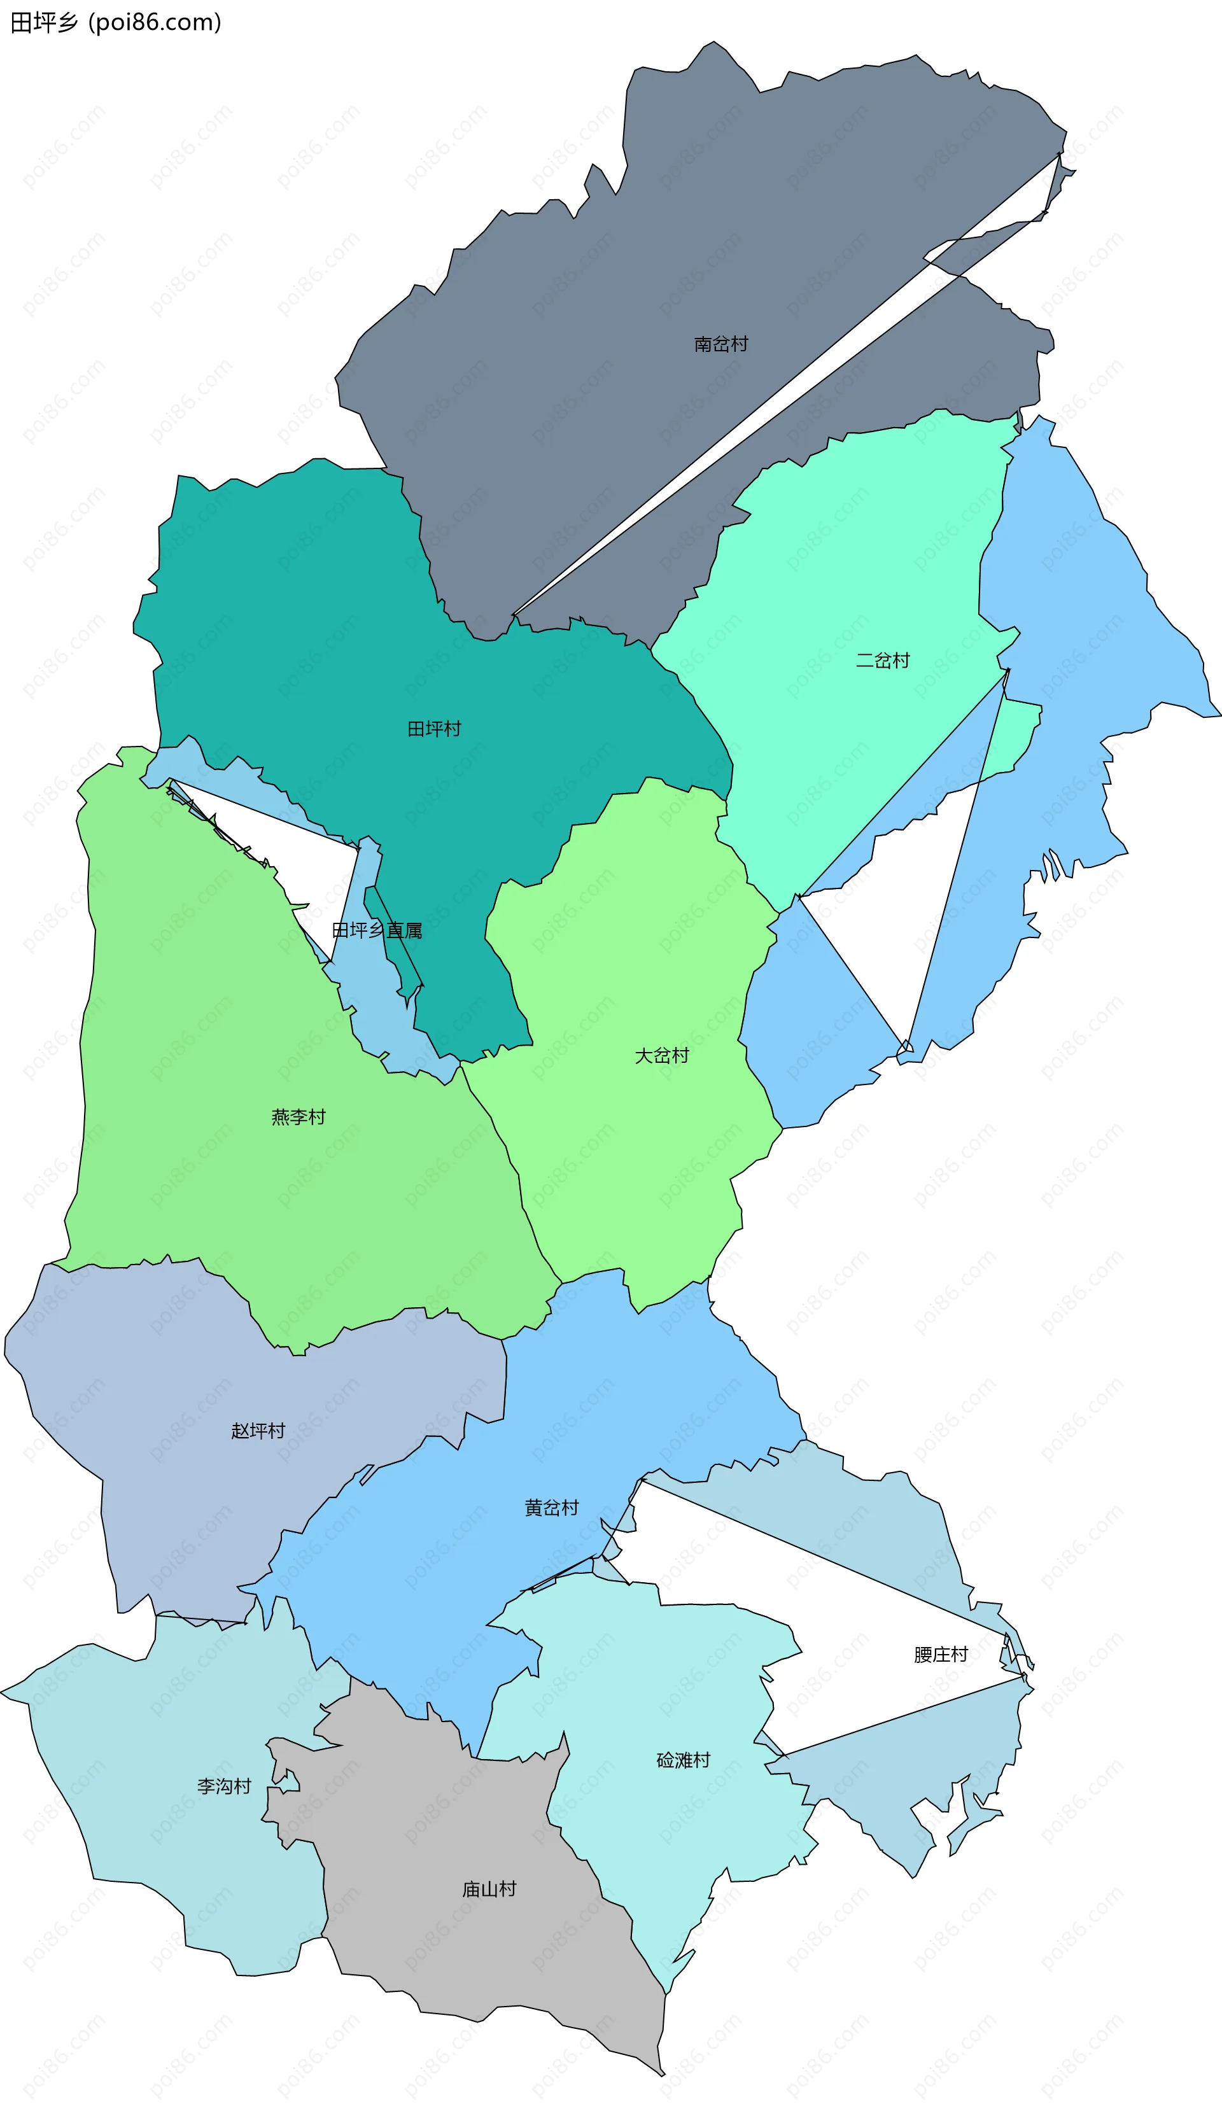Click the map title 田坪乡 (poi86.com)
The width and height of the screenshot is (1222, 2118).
[x=116, y=23]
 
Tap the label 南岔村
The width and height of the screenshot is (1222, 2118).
[x=720, y=344]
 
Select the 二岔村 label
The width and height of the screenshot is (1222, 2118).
[x=882, y=661]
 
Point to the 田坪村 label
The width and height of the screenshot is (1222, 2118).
[x=434, y=728]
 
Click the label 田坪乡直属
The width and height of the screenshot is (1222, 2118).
[x=377, y=930]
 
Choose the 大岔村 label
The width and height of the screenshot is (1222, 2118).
[x=661, y=1056]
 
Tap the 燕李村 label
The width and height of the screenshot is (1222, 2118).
[x=298, y=1117]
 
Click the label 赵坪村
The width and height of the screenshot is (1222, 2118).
[x=258, y=1431]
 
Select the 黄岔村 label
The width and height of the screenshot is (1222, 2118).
[x=551, y=1508]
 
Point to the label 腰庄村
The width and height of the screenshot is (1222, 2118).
[x=941, y=1654]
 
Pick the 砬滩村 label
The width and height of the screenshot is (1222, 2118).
[x=683, y=1760]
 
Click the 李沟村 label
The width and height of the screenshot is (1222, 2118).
[x=224, y=1786]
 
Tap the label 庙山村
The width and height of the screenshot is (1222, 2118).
[x=489, y=1889]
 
